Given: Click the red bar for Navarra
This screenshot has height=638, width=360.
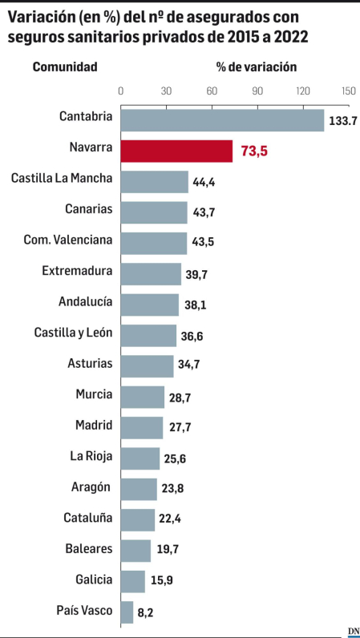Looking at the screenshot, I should [176, 151].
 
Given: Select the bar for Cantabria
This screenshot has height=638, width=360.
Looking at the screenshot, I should [222, 119].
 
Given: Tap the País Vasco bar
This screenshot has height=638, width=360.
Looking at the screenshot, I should [127, 612].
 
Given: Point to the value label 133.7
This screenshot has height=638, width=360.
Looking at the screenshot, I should [342, 120].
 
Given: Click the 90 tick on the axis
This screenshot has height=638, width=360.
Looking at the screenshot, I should [258, 91].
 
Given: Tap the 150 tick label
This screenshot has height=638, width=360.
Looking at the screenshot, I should [348, 91].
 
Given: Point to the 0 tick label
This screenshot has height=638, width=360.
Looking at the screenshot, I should [121, 91].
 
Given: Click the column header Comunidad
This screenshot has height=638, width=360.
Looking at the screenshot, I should [65, 67].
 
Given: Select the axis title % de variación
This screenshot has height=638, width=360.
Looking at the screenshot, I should [257, 67].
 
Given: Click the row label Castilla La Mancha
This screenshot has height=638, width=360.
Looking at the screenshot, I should [62, 178].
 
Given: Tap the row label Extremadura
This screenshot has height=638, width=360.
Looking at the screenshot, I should [77, 271].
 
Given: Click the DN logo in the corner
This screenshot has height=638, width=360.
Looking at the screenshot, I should [353, 630].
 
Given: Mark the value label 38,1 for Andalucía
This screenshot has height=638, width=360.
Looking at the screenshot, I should [194, 305].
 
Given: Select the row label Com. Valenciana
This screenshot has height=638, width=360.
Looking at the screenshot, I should [68, 240].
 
